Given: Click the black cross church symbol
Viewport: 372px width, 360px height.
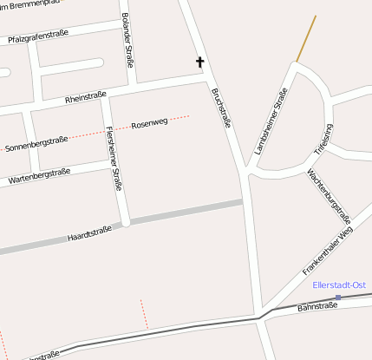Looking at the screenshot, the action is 199,62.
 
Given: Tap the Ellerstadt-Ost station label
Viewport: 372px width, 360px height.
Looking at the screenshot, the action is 339,285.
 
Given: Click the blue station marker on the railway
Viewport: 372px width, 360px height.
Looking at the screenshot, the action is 338,298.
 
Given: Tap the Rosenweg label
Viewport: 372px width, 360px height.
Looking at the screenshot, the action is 149,123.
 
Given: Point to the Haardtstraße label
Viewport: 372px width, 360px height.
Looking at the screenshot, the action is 88,233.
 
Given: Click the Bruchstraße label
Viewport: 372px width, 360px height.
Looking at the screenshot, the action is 221,108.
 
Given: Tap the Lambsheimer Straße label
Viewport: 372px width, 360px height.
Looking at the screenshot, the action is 271,121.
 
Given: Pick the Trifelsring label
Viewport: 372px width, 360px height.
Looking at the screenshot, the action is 323,140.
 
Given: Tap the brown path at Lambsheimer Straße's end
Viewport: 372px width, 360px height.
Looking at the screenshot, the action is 306,38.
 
